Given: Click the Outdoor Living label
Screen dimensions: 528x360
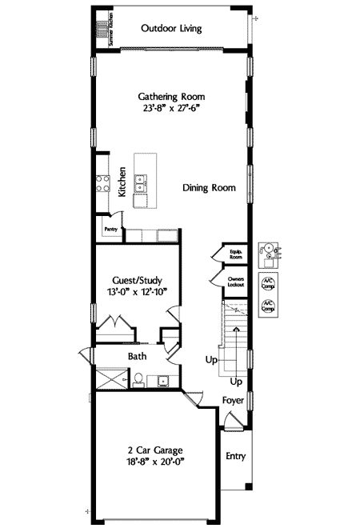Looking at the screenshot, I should point(170,29).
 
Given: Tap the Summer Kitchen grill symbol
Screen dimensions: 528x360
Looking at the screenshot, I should point(102,31).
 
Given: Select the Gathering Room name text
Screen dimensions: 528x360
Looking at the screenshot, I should point(170,96).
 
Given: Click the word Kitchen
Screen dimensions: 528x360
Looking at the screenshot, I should point(122,182).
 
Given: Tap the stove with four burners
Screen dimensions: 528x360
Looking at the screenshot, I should point(102,185).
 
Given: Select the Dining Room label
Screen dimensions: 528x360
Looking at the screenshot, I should point(209,188).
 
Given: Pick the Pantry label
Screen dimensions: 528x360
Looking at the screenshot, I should point(110,228).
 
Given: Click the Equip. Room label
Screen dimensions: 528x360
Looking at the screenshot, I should point(236,254).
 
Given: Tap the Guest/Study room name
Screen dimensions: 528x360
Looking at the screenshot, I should point(138,281).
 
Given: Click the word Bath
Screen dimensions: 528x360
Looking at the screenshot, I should point(138,357).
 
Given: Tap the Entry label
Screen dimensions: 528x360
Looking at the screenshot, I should point(235,457).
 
